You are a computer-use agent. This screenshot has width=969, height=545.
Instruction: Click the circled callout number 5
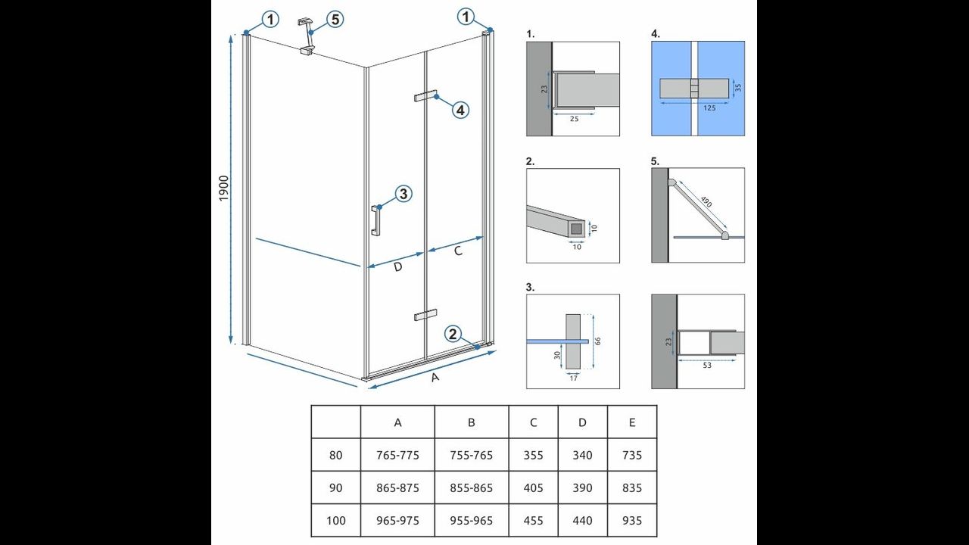pyautogui.click(x=335, y=20)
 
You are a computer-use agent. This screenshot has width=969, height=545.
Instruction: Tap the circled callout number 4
pyautogui.click(x=460, y=110)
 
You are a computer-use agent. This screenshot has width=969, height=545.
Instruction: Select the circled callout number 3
pyautogui.click(x=403, y=193)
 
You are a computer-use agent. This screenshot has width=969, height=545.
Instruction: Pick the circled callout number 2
pyautogui.click(x=453, y=334)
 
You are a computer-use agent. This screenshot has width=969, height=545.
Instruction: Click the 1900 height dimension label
pyautogui.click(x=223, y=188)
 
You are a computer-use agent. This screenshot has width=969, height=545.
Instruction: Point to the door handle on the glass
pyautogui.click(x=375, y=220)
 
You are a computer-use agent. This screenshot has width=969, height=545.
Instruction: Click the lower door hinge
pyautogui.click(x=425, y=314)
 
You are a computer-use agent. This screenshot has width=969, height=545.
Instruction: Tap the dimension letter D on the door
pyautogui.click(x=398, y=267)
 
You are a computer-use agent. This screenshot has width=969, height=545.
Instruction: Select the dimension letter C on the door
pyautogui.click(x=458, y=251)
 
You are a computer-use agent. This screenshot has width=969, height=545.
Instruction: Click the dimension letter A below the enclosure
pyautogui.click(x=435, y=377)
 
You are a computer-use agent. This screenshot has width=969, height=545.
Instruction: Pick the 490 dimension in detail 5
pyautogui.click(x=706, y=201)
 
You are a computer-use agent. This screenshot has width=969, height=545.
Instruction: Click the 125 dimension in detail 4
pyautogui.click(x=709, y=108)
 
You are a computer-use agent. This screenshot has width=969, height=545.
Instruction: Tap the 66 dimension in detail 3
pyautogui.click(x=598, y=341)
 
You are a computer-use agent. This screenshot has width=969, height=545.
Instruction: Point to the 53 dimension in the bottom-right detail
pyautogui.click(x=707, y=366)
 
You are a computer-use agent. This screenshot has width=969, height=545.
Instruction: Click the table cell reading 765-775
pyautogui.click(x=397, y=455)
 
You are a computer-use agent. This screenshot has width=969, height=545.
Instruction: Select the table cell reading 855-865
pyautogui.click(x=471, y=488)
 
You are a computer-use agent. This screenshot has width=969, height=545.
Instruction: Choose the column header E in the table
pyautogui.click(x=632, y=422)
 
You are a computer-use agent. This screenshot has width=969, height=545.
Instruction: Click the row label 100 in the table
pyautogui.click(x=335, y=520)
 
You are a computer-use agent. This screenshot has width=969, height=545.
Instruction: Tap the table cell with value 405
pyautogui.click(x=533, y=488)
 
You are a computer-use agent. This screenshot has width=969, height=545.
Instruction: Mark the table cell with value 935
pyautogui.click(x=632, y=520)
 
